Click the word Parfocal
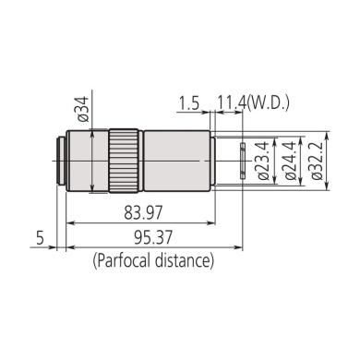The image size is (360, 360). tap(126, 261)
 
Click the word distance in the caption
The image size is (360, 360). tap(184, 261)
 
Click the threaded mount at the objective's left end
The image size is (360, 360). tap(61, 159)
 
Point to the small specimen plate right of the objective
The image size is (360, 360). tap(241, 160)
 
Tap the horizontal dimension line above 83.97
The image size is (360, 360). tap(138, 223)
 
